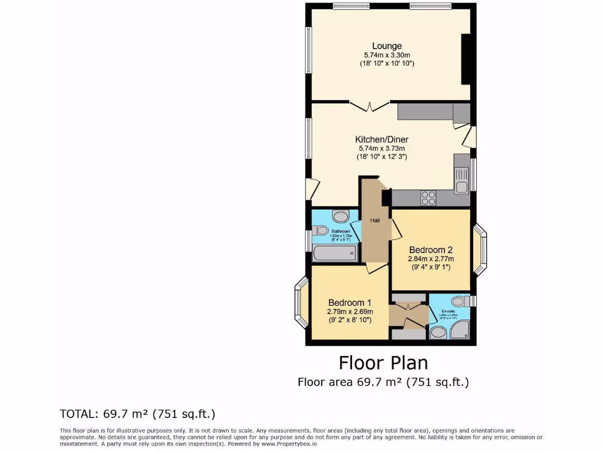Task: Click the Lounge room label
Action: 386,46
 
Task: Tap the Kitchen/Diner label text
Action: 382,140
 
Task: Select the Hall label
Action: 374,220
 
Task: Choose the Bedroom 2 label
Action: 431,248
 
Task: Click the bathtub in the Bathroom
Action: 335,254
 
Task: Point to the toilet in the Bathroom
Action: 320,231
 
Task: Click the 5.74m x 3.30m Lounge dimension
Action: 387,55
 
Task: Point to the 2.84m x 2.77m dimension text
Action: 431,258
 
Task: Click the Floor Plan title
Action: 383,363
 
